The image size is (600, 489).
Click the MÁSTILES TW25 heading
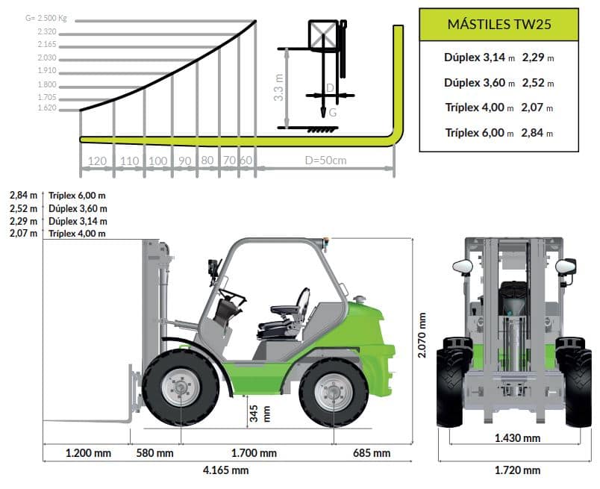coord(499,24)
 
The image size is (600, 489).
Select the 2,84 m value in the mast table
coord(537,133)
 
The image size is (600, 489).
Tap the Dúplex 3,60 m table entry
coord(479,83)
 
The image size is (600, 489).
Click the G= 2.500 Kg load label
coord(46,18)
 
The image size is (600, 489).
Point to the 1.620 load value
coord(47,108)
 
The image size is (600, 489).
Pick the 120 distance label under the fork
coord(97,161)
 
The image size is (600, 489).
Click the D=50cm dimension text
coord(325,160)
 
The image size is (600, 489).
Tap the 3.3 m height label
coord(279,87)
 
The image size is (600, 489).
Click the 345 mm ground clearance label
coord(260,414)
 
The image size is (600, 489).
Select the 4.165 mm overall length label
coord(226,470)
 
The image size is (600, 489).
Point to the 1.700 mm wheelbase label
coord(254,453)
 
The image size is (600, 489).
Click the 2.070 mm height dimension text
coord(422,335)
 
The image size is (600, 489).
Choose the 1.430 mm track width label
coord(517,437)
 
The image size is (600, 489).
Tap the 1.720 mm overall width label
coord(517,470)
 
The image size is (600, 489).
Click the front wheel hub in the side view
coord(181,387)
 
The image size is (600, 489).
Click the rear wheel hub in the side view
coord(334,393)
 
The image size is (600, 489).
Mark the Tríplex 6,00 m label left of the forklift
coord(77,196)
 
